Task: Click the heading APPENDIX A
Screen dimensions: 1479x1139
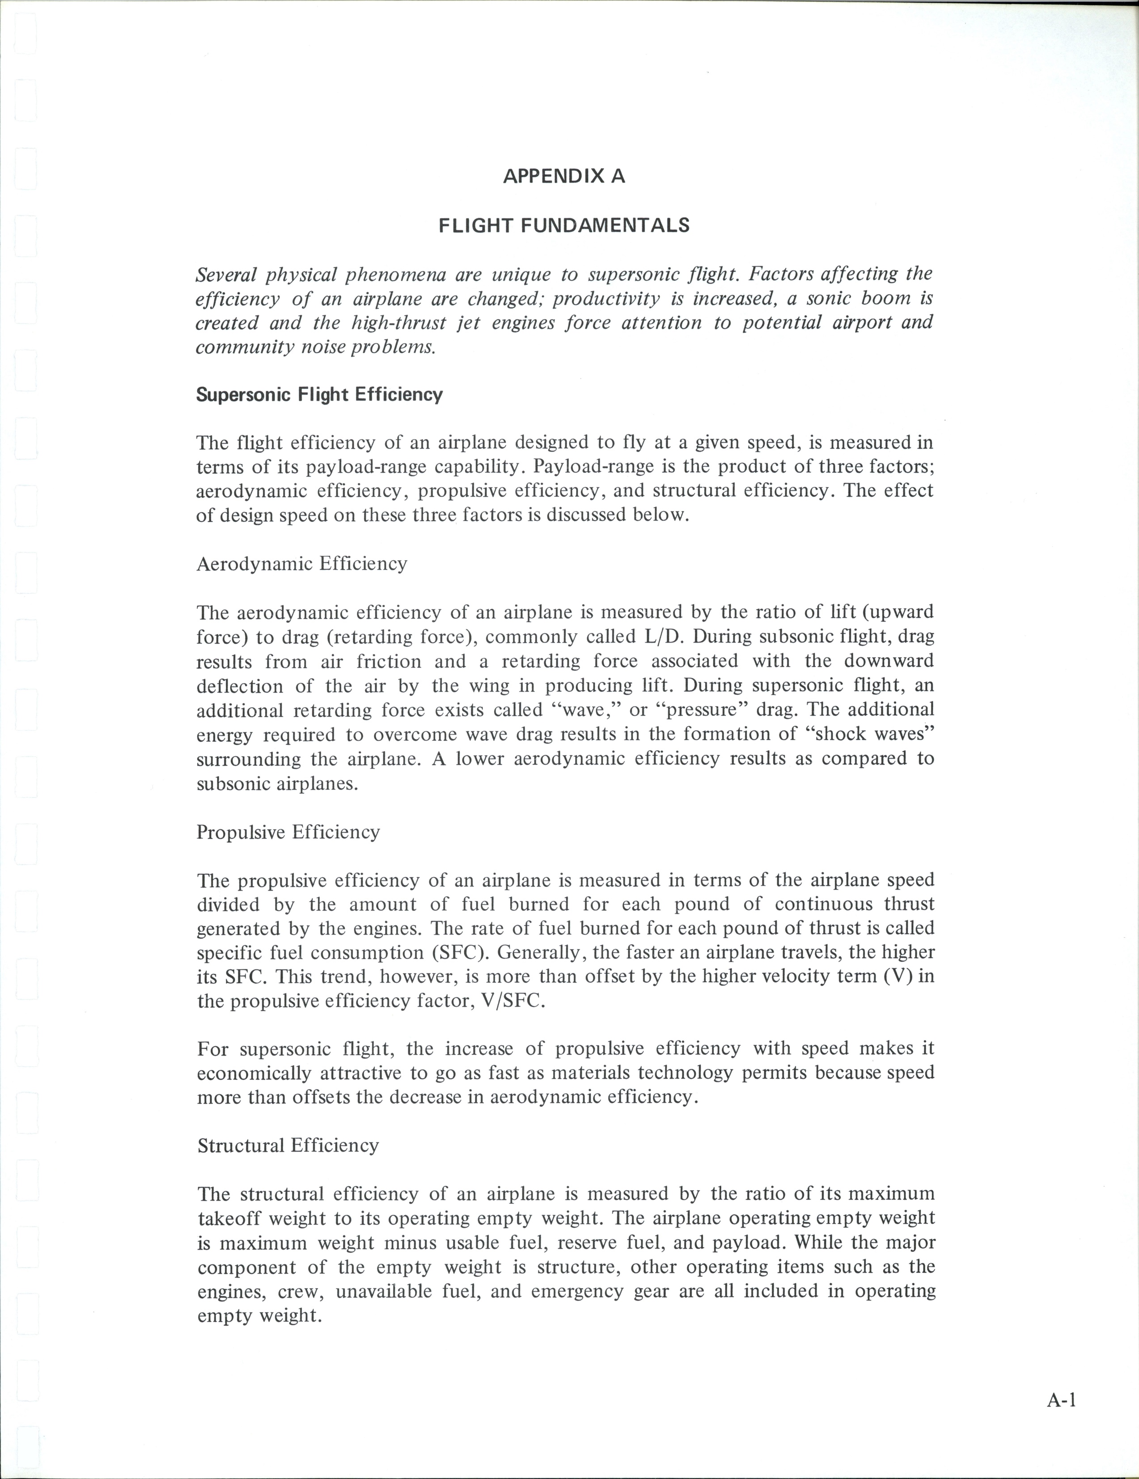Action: point(564,177)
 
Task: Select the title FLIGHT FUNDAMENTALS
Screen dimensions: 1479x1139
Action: point(564,225)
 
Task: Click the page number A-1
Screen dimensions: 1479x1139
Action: point(1061,1400)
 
